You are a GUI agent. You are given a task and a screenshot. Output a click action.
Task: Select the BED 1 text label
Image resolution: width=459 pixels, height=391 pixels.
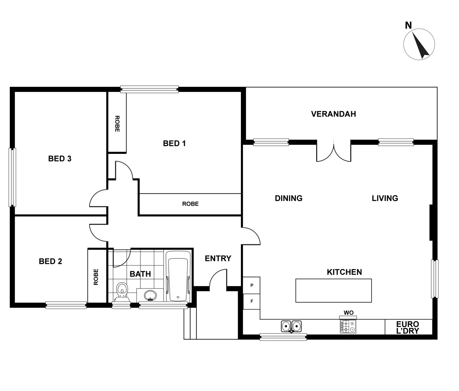pos(174,143)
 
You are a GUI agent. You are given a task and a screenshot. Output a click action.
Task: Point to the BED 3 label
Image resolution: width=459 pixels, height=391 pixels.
pos(60,159)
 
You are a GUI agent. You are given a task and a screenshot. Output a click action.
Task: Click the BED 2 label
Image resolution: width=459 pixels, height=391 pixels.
pos(50,261)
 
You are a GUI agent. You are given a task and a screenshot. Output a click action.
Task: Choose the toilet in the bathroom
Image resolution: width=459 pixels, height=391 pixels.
pos(122,291)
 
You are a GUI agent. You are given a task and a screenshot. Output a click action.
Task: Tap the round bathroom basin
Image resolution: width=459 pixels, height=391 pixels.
pos(150,295)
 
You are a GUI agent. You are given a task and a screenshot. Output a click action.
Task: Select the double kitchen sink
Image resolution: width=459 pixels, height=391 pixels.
pos(291,326)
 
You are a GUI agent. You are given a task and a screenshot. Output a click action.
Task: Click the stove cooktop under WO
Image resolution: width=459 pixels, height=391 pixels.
pos(348,327)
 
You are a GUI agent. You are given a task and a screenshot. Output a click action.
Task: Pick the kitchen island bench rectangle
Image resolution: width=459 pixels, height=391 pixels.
pos(333,290)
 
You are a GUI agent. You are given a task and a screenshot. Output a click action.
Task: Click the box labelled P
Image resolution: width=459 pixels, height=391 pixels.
pos(252,285)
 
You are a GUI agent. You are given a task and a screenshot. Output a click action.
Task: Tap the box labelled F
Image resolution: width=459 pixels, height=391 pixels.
pos(252,301)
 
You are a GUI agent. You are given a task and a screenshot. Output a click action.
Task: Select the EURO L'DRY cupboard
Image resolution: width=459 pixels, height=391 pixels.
pos(408,327)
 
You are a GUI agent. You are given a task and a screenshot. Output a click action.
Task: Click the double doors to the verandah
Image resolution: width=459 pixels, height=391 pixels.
pos(334,151)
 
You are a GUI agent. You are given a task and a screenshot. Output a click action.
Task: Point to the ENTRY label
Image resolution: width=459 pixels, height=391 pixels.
pos(218,258)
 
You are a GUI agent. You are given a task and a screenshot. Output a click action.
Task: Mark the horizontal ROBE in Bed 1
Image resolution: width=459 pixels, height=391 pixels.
pos(190,204)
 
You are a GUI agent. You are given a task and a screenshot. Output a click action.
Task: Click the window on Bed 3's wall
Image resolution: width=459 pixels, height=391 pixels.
pos(13,177)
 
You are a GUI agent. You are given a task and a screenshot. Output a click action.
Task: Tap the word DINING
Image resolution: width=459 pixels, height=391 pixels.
pos(289,198)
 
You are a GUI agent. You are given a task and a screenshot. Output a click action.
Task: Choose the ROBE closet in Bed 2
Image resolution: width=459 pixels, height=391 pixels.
pos(96,276)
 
